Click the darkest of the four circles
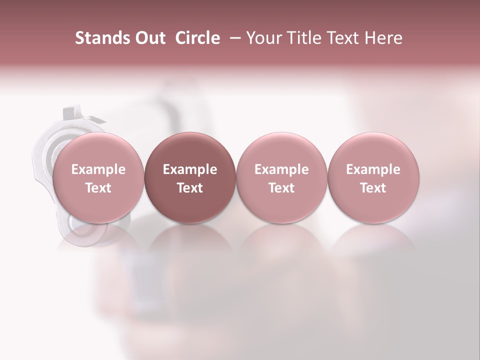pyautogui.click(x=190, y=178)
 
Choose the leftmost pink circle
pyautogui.click(x=98, y=178)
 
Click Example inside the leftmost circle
pyautogui.click(x=98, y=169)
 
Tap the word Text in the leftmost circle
pyautogui.click(x=98, y=188)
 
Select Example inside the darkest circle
pyautogui.click(x=190, y=169)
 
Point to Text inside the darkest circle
pyautogui.click(x=190, y=188)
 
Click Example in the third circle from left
pyautogui.click(x=281, y=169)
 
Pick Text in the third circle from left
pyautogui.click(x=281, y=188)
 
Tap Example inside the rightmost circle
pyautogui.click(x=373, y=169)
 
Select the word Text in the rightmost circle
pyautogui.click(x=373, y=188)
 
